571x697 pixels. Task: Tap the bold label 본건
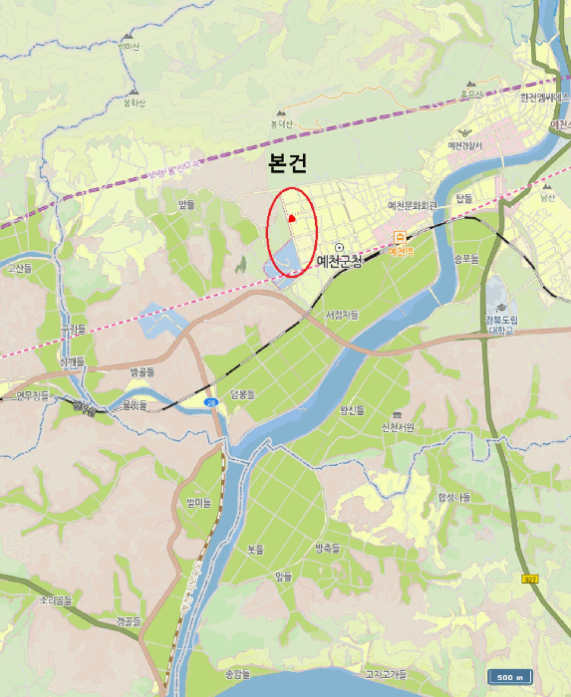pos(287,165)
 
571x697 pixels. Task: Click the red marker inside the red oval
pos(291,218)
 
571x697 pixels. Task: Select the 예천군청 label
pos(338,261)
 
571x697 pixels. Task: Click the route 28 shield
pos(211,402)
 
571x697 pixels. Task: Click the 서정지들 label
pos(342,315)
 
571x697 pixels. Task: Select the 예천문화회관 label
pos(413,206)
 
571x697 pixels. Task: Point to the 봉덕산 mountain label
pos(281,124)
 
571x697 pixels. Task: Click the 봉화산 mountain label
pos(135,102)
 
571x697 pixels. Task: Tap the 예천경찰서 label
pos(464,146)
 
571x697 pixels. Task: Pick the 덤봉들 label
pos(244,394)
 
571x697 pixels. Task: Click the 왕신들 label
pos(353,408)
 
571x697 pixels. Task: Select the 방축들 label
pos(327,548)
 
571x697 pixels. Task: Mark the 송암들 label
pos(238,674)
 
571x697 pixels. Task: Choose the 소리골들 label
pos(57,601)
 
